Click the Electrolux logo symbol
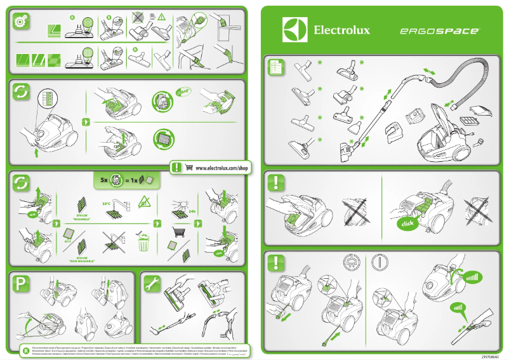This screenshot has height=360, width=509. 294,29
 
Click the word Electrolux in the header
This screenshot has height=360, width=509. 341,30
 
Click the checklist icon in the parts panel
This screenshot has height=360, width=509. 276,67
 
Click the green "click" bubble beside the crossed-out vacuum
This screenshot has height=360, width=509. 407,224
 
